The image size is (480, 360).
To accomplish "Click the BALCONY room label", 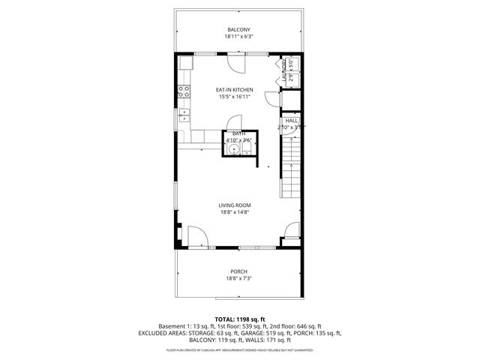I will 239,29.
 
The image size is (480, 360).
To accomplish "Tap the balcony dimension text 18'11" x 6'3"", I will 239,36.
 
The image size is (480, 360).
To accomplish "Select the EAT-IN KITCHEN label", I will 235,89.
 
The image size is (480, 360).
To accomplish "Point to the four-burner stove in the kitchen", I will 182,93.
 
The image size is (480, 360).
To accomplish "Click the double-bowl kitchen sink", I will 182,115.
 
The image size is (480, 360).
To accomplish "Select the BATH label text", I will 238,133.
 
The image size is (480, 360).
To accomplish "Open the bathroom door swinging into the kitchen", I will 235,122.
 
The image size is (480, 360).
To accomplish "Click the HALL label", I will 291,120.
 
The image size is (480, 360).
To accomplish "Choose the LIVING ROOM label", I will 235,205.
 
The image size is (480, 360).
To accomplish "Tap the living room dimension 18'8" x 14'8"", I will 235,212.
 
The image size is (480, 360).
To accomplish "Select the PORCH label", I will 239,271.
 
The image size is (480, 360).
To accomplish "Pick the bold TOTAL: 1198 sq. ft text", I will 239,319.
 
